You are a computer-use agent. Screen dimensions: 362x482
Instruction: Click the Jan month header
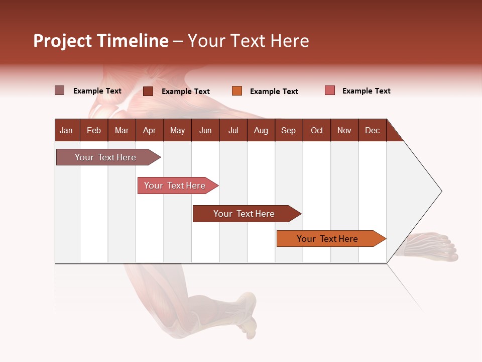66,130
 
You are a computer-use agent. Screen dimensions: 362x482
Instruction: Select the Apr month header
150,130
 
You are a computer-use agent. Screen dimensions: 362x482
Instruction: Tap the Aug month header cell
261,130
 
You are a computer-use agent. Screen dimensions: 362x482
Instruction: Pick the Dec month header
372,130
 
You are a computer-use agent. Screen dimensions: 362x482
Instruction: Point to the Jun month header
205,130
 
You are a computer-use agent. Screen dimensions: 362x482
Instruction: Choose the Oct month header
317,130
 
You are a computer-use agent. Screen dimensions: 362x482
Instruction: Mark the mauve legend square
60,90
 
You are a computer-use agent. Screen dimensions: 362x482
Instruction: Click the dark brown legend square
148,91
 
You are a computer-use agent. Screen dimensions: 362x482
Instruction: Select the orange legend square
237,91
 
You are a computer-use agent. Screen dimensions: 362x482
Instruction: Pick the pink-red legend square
330,90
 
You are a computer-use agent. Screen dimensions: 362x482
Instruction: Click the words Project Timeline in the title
100,41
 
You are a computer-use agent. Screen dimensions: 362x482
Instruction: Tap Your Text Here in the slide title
249,41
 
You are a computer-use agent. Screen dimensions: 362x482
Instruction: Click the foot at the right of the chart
432,246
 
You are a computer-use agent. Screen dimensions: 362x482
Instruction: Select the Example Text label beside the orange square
274,91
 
